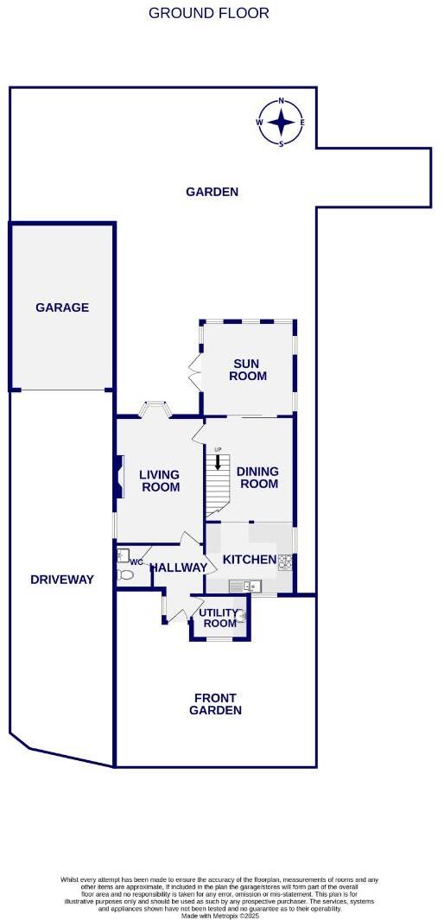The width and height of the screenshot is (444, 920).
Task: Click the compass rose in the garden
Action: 281,123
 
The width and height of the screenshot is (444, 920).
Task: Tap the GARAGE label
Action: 62,308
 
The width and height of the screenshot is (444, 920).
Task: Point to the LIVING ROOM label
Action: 159,480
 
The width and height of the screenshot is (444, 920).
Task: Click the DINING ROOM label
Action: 257,477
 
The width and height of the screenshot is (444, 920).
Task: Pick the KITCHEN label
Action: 249,560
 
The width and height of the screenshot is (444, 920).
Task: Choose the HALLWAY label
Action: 179,568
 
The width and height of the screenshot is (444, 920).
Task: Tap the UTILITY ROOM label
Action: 218,619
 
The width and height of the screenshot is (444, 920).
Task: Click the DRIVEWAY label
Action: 60,580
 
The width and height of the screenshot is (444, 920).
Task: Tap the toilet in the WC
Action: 126,574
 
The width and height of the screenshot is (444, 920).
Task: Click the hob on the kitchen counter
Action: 285,561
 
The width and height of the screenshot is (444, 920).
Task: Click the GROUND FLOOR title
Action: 208,13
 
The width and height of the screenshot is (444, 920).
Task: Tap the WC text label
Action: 136,562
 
